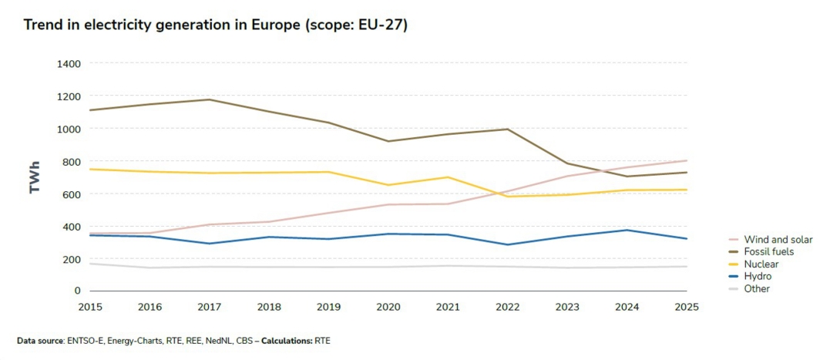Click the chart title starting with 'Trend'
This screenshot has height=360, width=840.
pyautogui.click(x=215, y=25)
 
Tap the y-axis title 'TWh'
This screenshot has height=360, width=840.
pyautogui.click(x=35, y=177)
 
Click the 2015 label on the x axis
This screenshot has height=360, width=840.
pyautogui.click(x=90, y=307)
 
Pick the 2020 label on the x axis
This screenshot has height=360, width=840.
pyautogui.click(x=388, y=307)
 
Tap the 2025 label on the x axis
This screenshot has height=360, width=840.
pyautogui.click(x=686, y=307)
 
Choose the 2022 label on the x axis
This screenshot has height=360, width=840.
pyautogui.click(x=507, y=307)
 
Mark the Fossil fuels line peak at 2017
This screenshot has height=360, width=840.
pyautogui.click(x=210, y=99)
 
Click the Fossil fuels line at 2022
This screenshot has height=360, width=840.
pyautogui.click(x=507, y=129)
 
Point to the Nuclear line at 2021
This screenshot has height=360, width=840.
pyautogui.click(x=448, y=177)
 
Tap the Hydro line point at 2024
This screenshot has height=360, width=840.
pyautogui.click(x=627, y=230)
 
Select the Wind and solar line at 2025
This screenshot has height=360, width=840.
pyautogui.click(x=686, y=160)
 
